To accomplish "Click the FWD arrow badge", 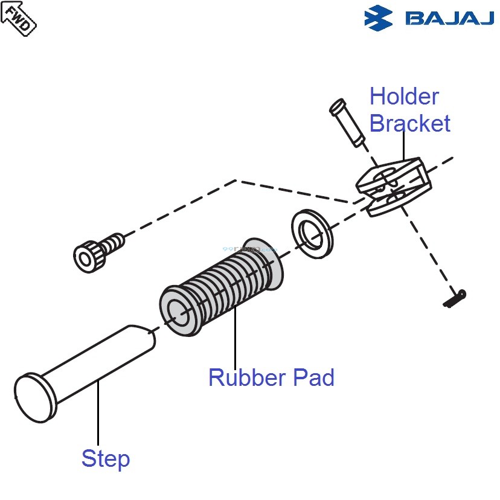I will [19, 18].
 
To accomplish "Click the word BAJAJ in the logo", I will [450, 18].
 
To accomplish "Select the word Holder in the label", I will [404, 97].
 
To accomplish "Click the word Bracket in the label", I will [409, 124].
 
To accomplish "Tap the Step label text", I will [106, 459].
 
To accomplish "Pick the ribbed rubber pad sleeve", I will [229, 284].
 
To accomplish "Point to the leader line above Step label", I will [98, 417].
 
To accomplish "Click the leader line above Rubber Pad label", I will [234, 338].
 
